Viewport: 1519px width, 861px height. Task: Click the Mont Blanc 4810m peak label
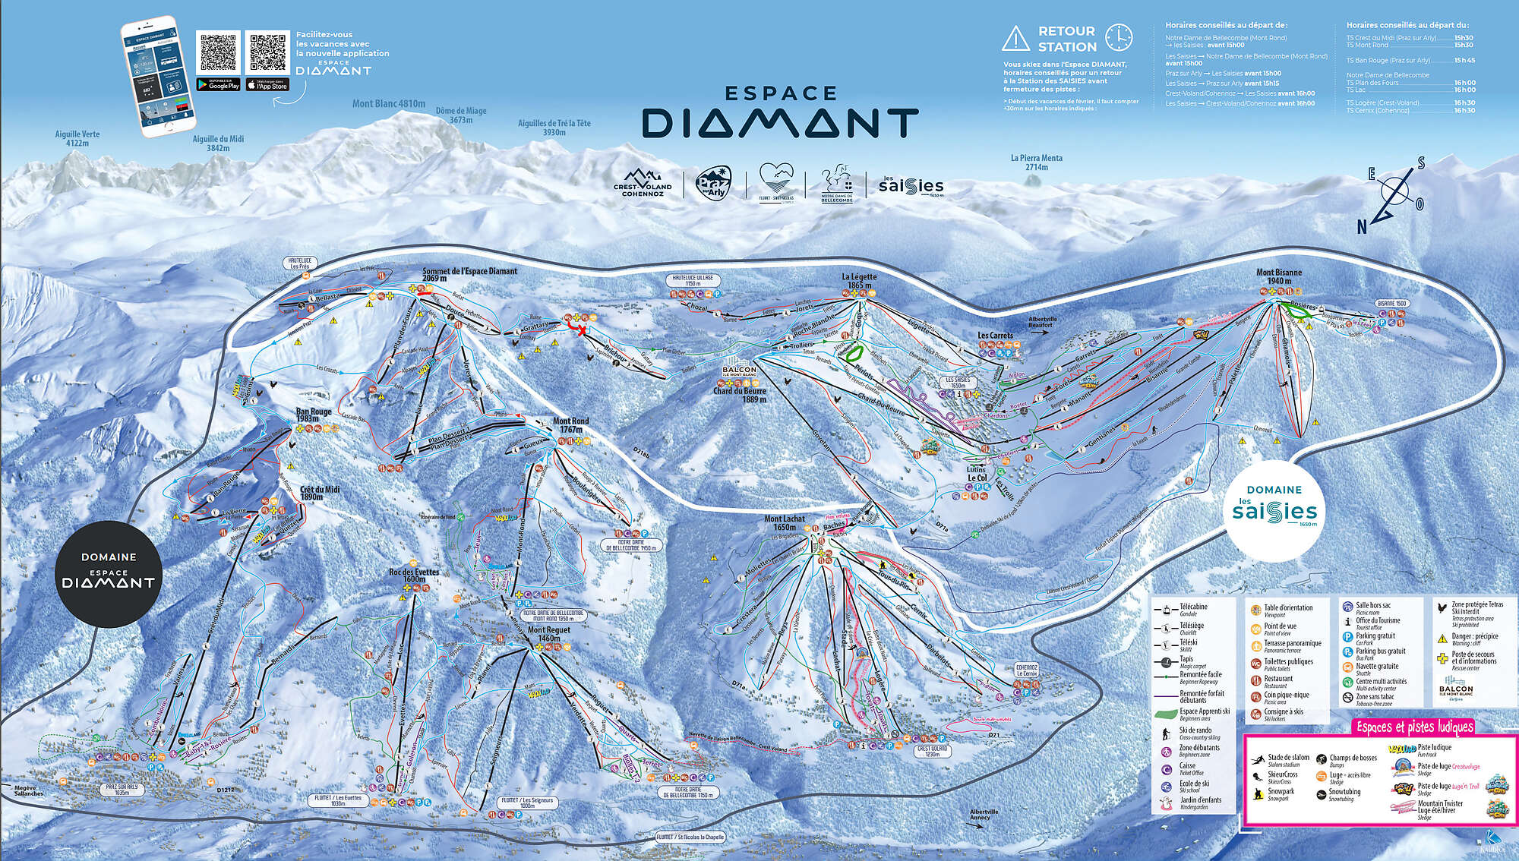388,104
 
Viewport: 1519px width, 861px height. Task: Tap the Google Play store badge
218,84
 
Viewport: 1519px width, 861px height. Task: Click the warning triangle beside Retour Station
1015,38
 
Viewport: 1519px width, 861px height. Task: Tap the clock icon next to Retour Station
1118,37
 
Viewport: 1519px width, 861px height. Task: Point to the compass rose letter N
1362,226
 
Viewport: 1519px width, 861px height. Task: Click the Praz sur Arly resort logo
714,183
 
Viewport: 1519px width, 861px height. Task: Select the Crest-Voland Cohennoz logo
643,183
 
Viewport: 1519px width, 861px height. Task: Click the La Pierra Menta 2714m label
1036,162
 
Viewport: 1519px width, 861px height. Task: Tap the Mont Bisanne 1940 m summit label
1279,276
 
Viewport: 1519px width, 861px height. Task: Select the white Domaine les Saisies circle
1274,506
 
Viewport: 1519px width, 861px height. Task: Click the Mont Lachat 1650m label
785,523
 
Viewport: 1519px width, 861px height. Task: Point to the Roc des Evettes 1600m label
414,576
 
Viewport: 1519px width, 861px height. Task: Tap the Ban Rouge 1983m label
314,415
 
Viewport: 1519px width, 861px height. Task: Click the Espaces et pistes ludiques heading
1414,727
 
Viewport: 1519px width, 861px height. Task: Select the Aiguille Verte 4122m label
77,138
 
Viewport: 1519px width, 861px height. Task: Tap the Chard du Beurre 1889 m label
739,395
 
